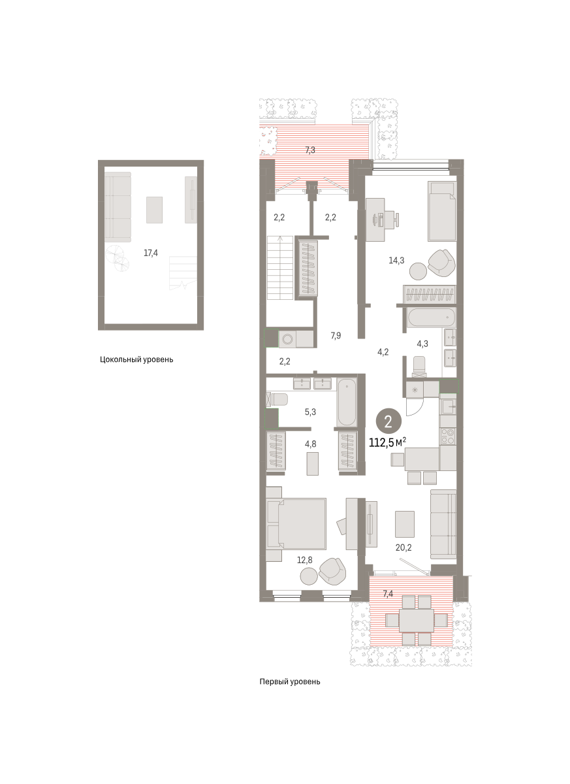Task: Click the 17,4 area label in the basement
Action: [151, 253]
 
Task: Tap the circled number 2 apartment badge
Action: [388, 422]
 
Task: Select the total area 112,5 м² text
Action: [387, 443]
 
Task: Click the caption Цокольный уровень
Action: [136, 359]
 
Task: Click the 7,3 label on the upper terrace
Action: [310, 150]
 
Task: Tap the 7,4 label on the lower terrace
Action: [388, 594]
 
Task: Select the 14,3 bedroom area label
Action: [396, 260]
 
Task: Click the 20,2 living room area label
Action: [404, 547]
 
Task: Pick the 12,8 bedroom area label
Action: [304, 561]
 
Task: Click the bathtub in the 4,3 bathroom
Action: [432, 317]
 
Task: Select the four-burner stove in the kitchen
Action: [448, 436]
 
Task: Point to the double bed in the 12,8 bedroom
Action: [296, 524]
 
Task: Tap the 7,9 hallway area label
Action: [336, 336]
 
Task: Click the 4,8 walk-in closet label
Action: [310, 444]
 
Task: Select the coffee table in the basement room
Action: [154, 210]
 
